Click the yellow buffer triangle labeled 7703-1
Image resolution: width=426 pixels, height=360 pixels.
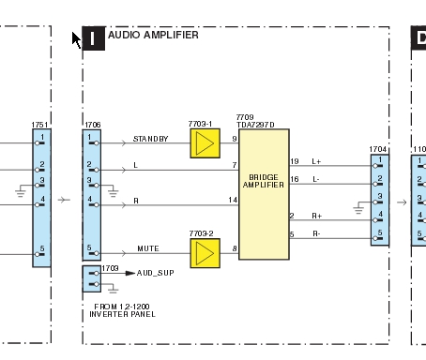[205, 143]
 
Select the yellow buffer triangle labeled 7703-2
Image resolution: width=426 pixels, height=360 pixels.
[205, 253]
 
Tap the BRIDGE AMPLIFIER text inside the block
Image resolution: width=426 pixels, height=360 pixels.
[264, 181]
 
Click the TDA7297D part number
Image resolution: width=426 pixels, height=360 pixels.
[255, 125]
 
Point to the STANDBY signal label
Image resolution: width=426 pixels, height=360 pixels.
[151, 139]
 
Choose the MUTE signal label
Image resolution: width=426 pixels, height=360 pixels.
[148, 248]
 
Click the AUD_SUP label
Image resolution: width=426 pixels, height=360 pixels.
[156, 273]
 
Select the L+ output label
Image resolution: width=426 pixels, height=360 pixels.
[316, 161]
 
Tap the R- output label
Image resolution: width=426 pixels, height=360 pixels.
[316, 233]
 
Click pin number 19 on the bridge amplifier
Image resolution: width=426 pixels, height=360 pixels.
[295, 161]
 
